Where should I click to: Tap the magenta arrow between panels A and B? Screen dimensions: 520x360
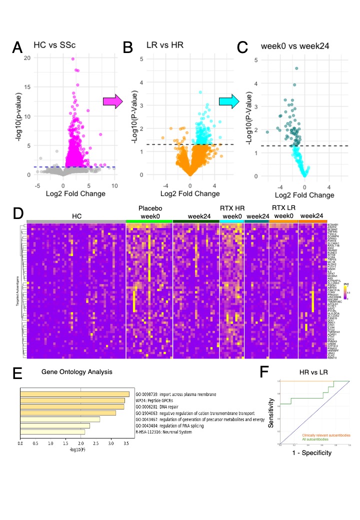(x=112, y=101)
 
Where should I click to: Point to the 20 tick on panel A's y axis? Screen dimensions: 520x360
(x=27, y=58)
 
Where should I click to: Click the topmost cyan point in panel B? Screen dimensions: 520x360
(x=200, y=92)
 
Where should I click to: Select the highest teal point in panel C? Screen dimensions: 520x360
(x=296, y=68)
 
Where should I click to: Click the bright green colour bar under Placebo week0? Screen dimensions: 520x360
(x=149, y=221)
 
